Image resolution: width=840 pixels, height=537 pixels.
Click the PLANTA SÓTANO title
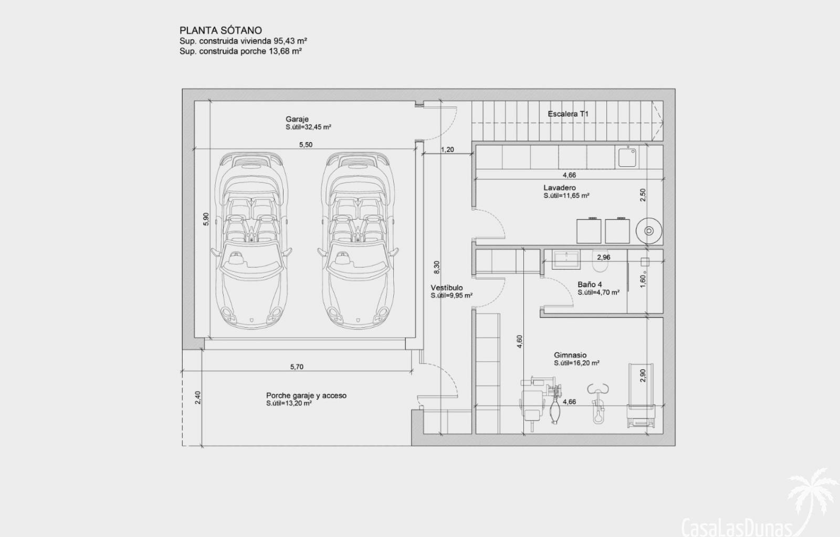220,30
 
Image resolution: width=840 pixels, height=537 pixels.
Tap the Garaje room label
297,119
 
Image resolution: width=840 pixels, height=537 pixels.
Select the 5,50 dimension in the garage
306,145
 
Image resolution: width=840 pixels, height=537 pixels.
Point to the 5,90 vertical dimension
206,219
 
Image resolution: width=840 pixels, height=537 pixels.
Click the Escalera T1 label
568,114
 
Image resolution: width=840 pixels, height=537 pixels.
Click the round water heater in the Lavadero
649,231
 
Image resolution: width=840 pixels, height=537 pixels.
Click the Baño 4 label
590,285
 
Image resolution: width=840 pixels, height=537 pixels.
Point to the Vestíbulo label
447,287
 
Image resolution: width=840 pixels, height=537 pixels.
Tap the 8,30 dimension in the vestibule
436,267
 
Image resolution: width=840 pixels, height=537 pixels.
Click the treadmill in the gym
641,395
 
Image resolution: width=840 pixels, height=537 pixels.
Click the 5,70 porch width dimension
297,367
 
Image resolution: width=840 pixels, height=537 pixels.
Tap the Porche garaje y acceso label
307,395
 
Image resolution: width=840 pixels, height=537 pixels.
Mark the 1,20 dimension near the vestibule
447,149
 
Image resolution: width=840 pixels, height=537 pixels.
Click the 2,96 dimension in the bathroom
604,257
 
